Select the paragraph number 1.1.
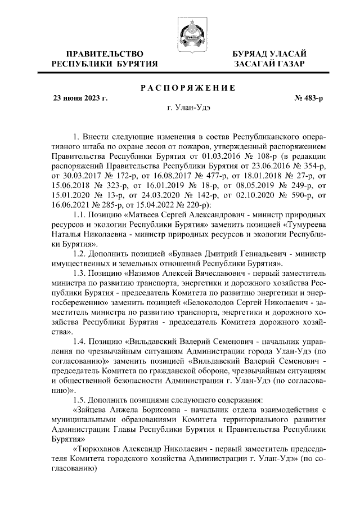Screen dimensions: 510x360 coord(80,215)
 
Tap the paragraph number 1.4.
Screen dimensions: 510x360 coord(80,341)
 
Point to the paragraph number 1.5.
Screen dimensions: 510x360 coord(80,399)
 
